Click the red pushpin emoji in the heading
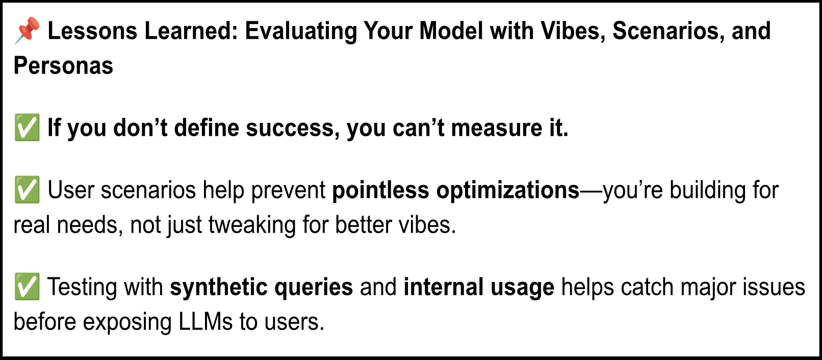[27, 30]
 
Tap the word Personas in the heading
[63, 66]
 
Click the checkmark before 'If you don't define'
[27, 128]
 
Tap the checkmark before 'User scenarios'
[27, 190]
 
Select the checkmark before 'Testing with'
[27, 287]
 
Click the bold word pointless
[380, 190]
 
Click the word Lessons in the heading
[92, 31]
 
